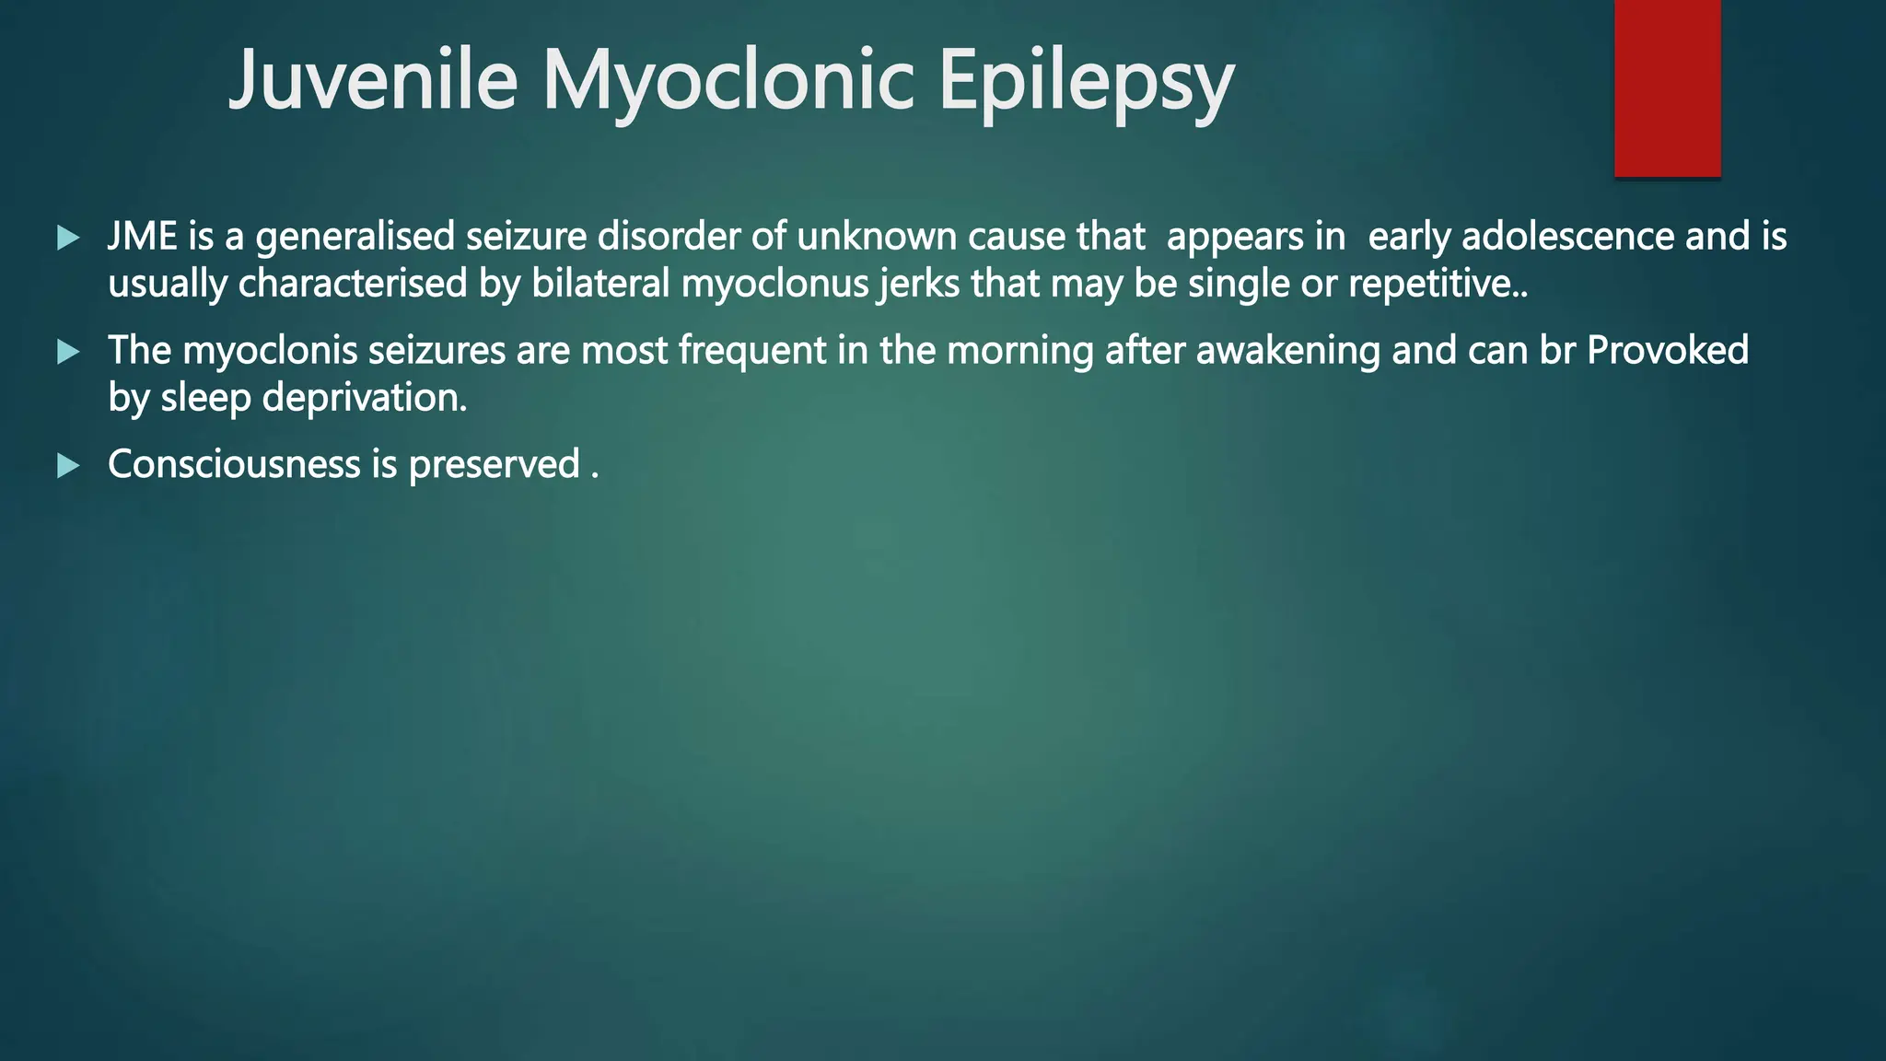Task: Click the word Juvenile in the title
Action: click(373, 80)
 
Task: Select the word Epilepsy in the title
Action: click(1086, 80)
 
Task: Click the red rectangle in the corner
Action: click(1667, 88)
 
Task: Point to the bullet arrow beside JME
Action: click(68, 239)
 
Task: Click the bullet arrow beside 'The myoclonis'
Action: click(68, 352)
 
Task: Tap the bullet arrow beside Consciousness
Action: click(68, 466)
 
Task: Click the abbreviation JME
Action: click(143, 237)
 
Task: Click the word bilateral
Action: click(600, 284)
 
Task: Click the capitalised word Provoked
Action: click(1668, 351)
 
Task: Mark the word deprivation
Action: click(364, 398)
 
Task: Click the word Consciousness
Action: click(234, 464)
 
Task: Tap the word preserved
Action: click(494, 464)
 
